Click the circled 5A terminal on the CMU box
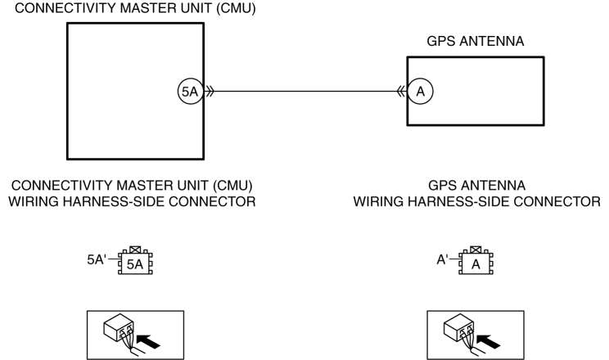[x=190, y=92]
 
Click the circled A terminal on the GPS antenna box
[x=420, y=92]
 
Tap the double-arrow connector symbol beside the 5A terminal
[x=209, y=92]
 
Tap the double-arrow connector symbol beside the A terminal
[x=401, y=92]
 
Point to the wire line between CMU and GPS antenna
[x=304, y=92]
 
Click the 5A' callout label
[x=97, y=259]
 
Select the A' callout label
[x=442, y=259]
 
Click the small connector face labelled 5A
[x=135, y=263]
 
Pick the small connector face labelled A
[x=476, y=263]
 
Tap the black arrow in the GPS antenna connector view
[x=489, y=340]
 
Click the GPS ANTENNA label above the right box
[x=476, y=41]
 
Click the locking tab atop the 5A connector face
[x=135, y=250]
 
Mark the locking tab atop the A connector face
[x=476, y=250]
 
